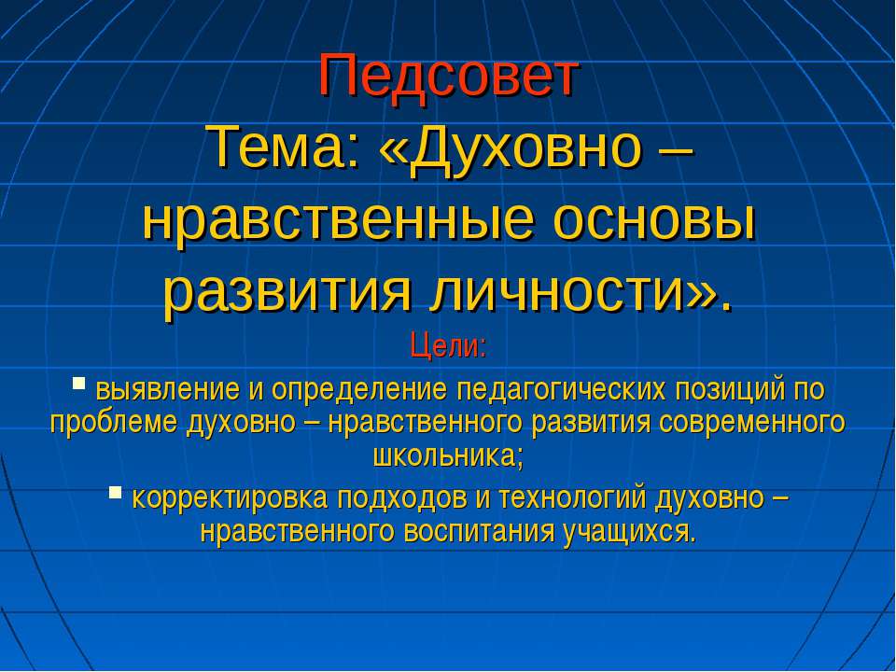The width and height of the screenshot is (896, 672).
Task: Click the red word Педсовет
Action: coord(449,76)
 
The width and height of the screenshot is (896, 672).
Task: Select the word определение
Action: coord(343,387)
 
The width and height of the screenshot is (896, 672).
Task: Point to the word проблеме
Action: coord(115,423)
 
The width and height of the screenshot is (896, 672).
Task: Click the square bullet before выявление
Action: coord(79,382)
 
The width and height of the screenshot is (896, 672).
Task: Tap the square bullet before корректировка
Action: coord(115,492)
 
